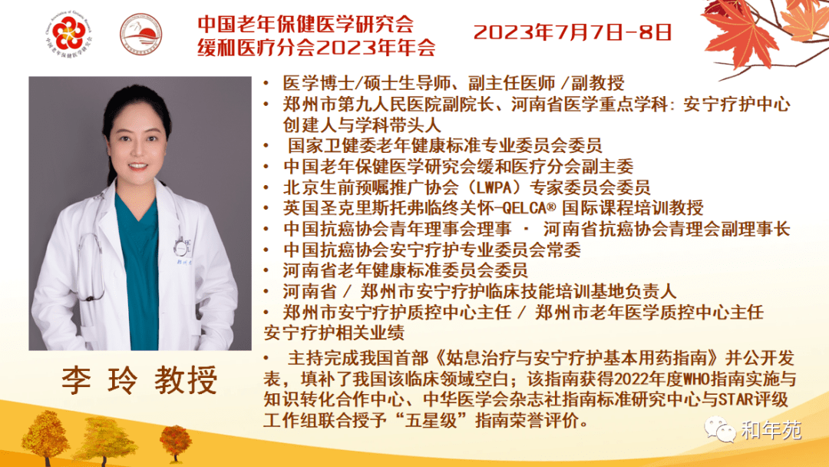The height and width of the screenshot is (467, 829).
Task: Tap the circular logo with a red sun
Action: [x=141, y=35]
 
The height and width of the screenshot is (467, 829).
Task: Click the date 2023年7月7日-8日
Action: [x=573, y=32]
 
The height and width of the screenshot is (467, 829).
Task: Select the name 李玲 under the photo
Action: [x=100, y=379]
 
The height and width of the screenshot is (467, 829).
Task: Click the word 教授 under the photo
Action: [x=186, y=379]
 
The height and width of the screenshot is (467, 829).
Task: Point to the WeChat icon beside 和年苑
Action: [x=720, y=429]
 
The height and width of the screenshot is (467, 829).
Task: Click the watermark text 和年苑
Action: [x=771, y=430]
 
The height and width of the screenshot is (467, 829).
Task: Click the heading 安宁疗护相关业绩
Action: [x=334, y=333]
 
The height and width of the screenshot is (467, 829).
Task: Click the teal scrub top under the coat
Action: [x=138, y=270]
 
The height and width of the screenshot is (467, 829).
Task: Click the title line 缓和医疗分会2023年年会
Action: [x=317, y=48]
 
